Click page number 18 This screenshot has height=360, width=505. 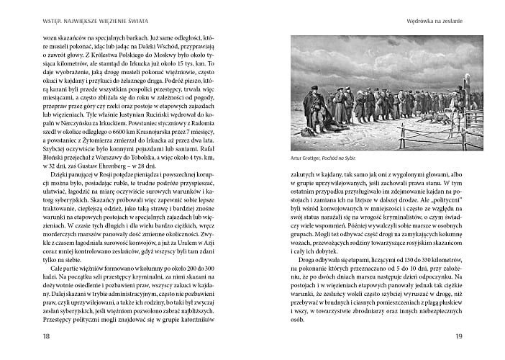pyautogui.click(x=27, y=336)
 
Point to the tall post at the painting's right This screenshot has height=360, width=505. pyautogui.click(x=458, y=86)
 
